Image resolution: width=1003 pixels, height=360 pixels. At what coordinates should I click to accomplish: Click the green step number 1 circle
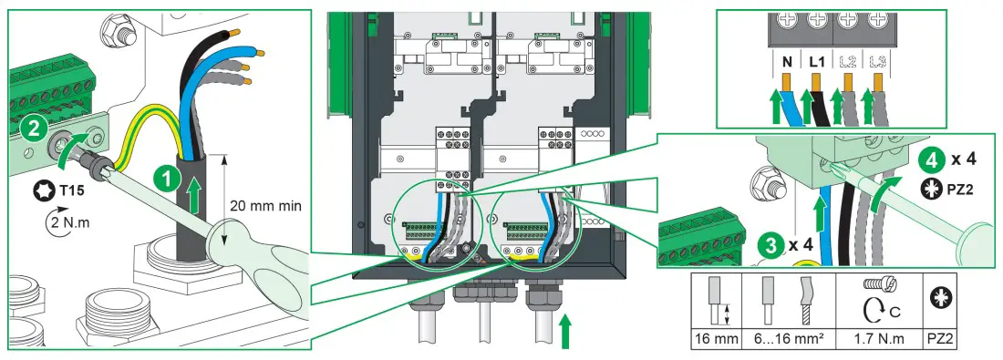point(166,180)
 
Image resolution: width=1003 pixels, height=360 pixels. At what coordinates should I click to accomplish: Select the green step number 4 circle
point(913,159)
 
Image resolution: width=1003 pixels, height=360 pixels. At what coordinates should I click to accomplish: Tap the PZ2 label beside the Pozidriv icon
point(951,193)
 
